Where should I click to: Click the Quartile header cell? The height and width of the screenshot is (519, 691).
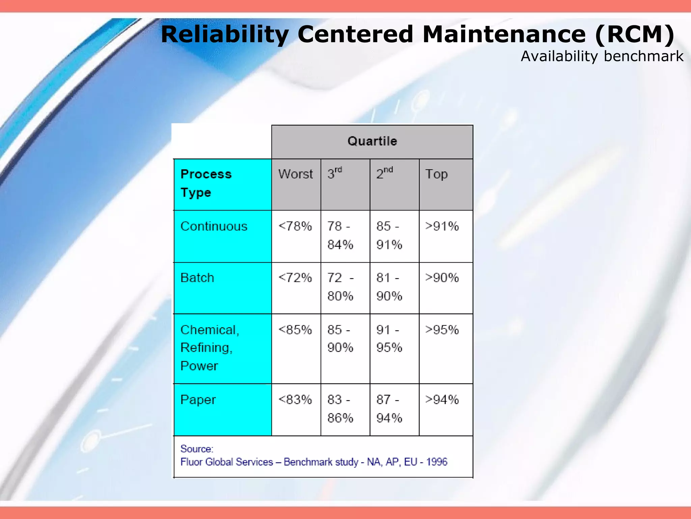coord(372,141)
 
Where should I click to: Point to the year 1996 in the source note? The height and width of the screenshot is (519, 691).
coord(437,462)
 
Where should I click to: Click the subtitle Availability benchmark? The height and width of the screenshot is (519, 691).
coord(602,56)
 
